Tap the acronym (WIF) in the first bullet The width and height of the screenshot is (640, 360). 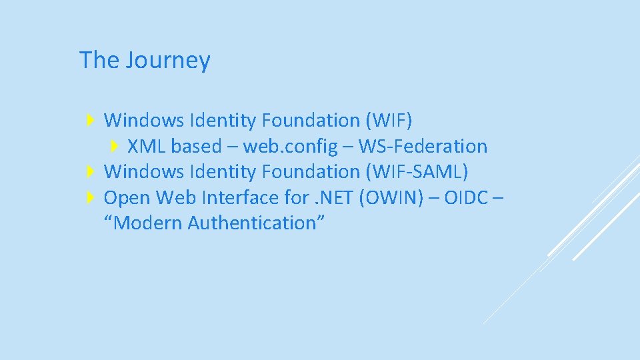[389, 121]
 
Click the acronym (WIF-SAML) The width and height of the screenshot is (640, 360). [417, 172]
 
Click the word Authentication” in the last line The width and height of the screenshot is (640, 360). [256, 223]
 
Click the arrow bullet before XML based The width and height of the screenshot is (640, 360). [114, 146]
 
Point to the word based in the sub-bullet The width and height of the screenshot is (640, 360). [196, 146]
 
